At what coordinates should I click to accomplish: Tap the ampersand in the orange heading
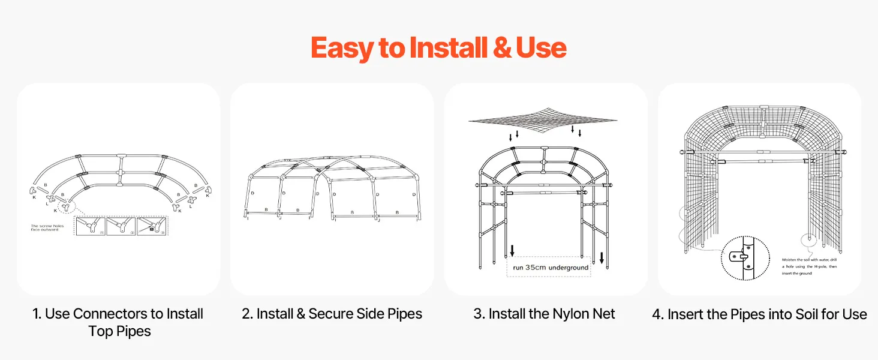point(501,48)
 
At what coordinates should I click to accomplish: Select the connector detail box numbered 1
point(90,226)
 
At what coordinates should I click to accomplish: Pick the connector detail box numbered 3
point(152,226)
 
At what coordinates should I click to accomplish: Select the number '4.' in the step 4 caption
point(657,314)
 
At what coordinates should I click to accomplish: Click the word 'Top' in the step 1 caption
point(98,331)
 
